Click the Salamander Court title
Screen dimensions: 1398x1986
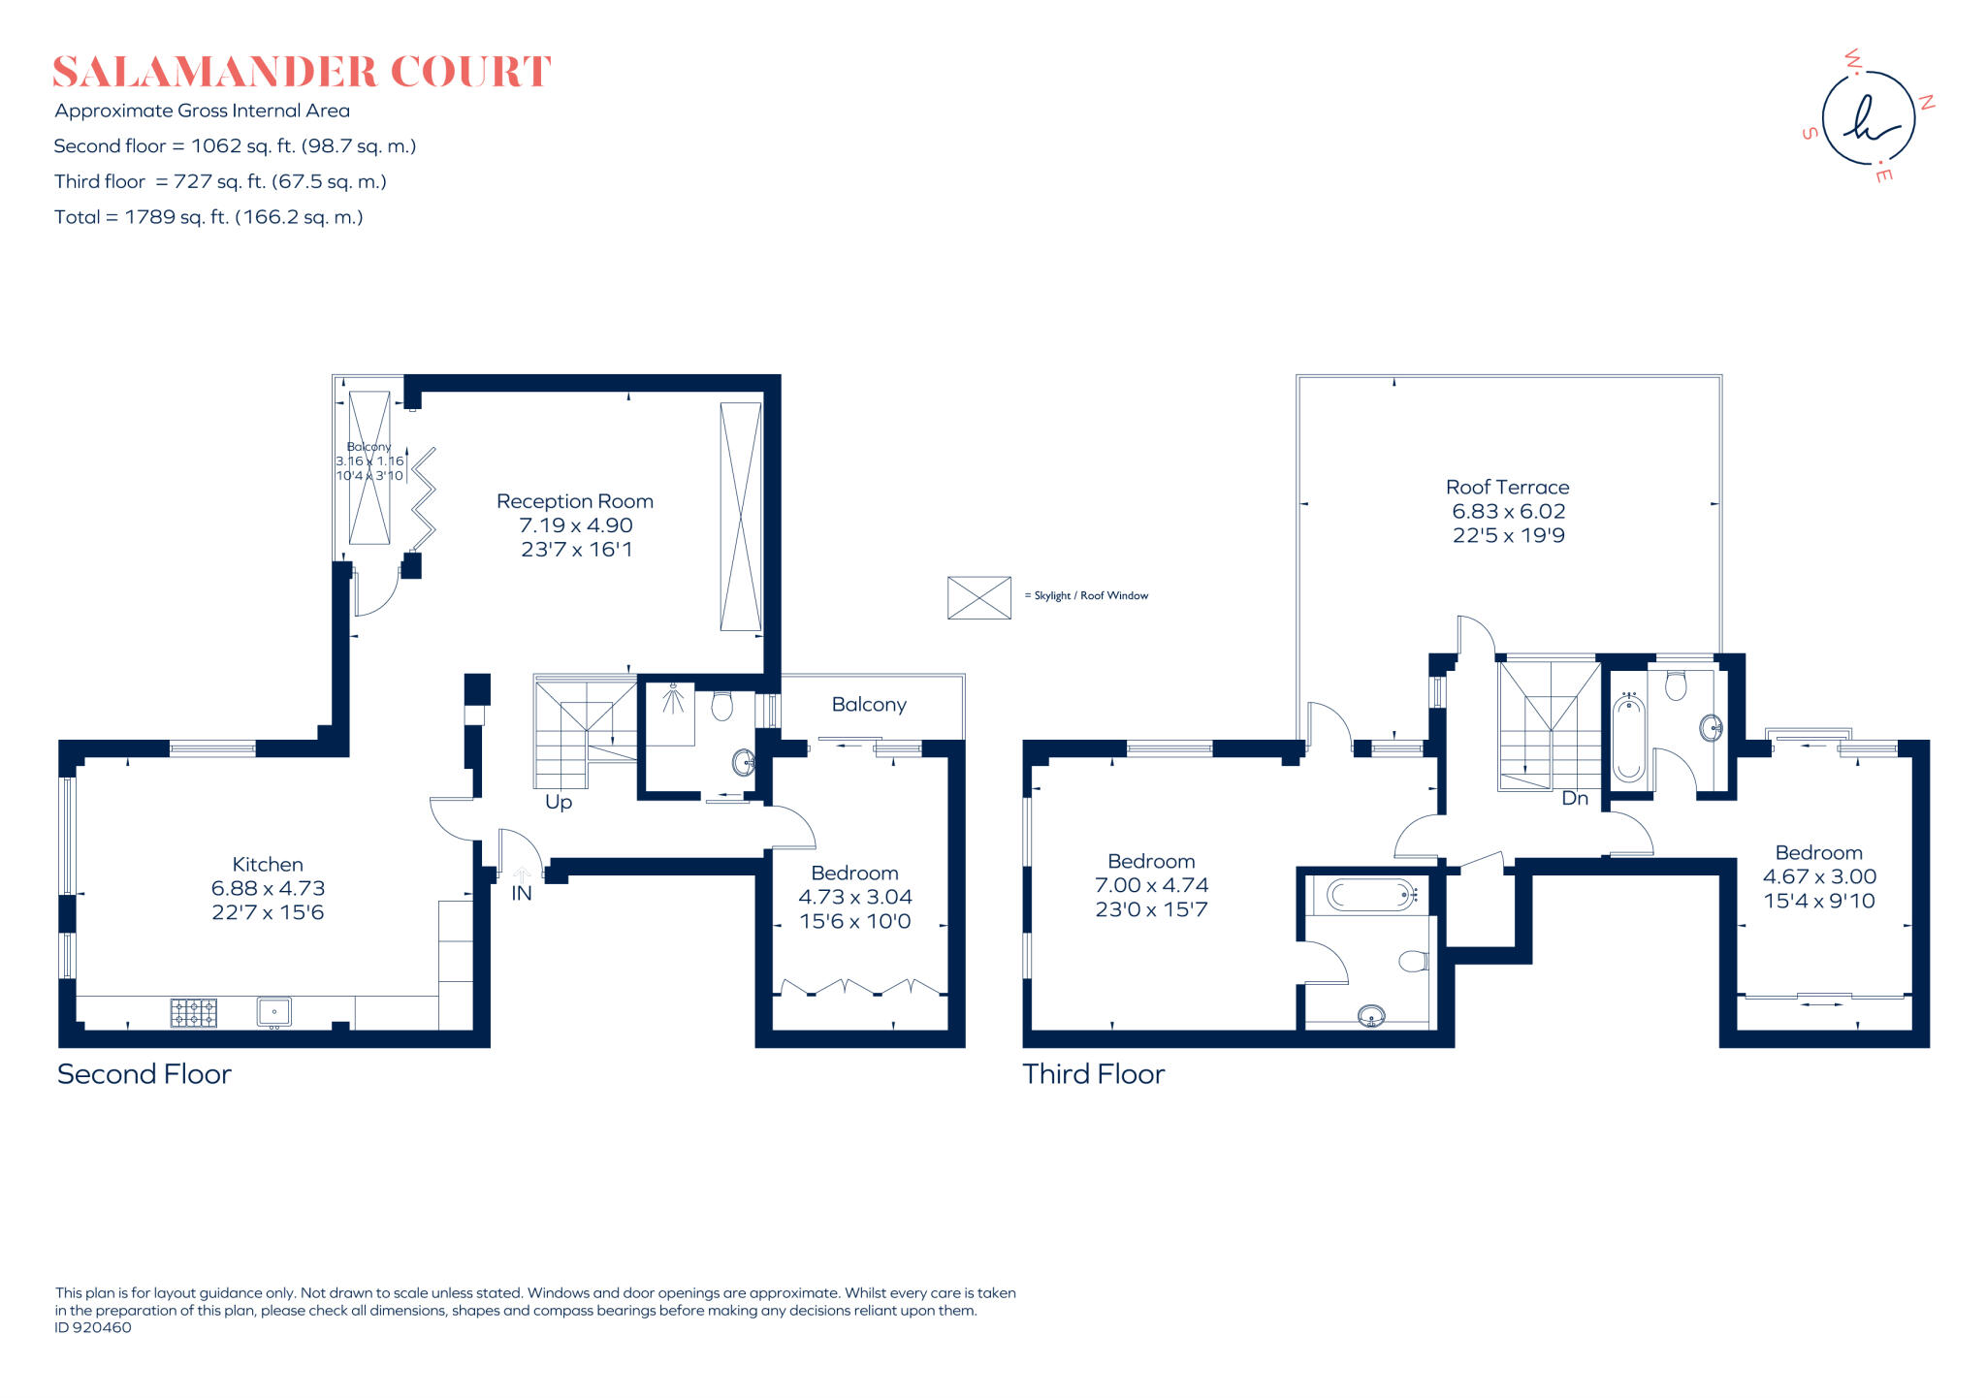[x=302, y=72]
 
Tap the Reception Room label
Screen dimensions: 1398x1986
[x=575, y=501]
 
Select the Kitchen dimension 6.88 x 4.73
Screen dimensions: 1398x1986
[x=268, y=888]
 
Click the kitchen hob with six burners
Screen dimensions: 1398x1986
[x=194, y=1013]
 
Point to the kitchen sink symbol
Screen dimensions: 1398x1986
[x=274, y=1012]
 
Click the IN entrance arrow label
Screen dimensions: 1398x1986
[x=522, y=893]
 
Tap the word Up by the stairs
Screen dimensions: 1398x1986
[x=559, y=802]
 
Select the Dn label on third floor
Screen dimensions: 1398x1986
[x=1575, y=799]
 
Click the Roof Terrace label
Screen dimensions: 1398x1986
[x=1507, y=488]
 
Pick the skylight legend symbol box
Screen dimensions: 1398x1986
[x=978, y=597]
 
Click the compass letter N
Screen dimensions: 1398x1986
[x=1927, y=102]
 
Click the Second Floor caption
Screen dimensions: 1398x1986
[x=144, y=1074]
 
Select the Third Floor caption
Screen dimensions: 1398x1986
[x=1093, y=1074]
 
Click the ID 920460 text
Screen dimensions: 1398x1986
[x=93, y=1328]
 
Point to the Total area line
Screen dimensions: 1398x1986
[x=208, y=217]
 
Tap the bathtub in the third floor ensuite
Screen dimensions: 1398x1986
[x=1370, y=895]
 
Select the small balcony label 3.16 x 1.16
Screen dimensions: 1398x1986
[x=369, y=461]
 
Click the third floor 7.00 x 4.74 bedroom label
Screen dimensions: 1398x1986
[x=1151, y=885]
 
